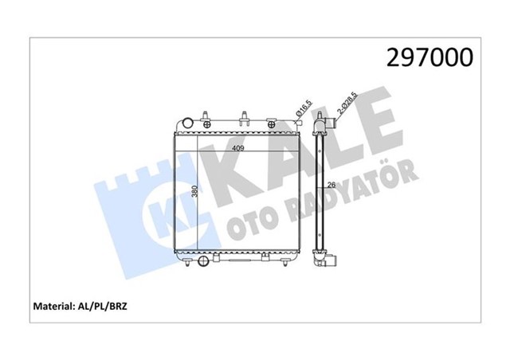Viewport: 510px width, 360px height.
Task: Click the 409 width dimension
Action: coord(237,147)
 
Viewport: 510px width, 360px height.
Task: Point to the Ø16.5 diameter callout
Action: coord(302,109)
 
